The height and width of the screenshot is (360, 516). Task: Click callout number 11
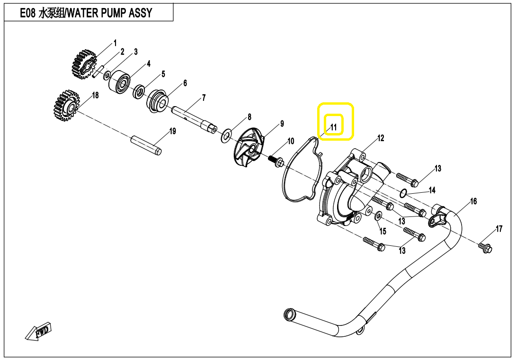click(334, 127)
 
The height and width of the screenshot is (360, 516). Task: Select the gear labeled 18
click(65, 106)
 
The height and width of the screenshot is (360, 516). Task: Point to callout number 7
click(204, 98)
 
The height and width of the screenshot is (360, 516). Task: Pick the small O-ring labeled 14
click(403, 193)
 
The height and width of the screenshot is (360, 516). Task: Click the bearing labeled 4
click(119, 81)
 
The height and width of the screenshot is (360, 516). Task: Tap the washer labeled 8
click(226, 135)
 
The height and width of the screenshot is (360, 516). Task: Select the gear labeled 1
click(84, 64)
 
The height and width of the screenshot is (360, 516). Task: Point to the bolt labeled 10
click(276, 161)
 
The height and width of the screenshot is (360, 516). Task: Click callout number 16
click(473, 201)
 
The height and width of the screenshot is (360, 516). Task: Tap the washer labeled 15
click(378, 216)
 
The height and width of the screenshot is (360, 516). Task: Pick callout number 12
click(381, 138)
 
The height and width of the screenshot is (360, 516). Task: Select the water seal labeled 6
click(158, 101)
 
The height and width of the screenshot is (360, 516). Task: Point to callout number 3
click(135, 52)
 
